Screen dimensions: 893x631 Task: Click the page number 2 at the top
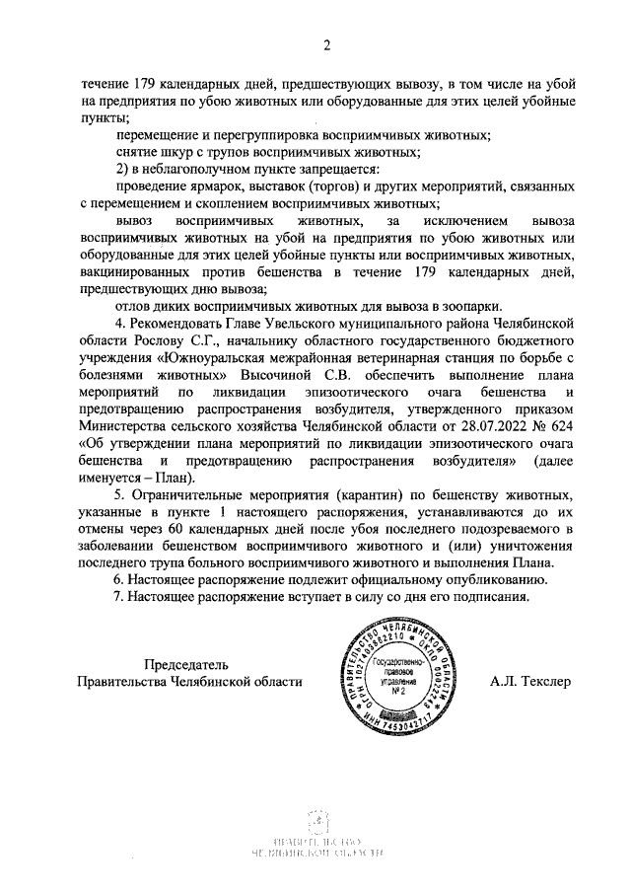(x=325, y=44)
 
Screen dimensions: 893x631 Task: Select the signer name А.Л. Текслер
(x=529, y=682)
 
